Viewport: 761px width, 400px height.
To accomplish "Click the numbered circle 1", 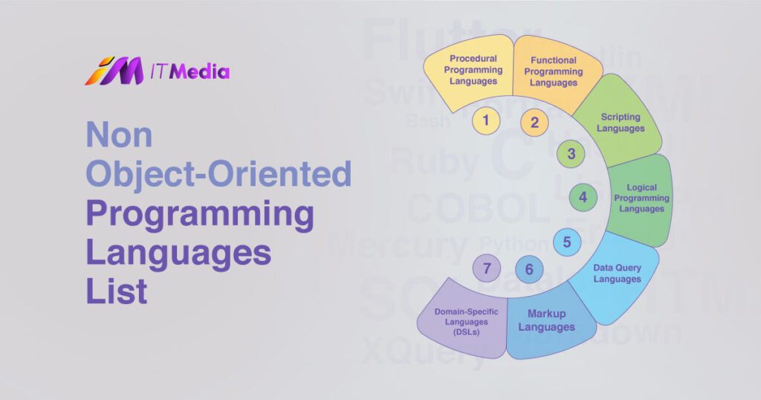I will pyautogui.click(x=485, y=119).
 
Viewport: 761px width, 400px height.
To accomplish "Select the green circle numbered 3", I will pyautogui.click(x=571, y=154).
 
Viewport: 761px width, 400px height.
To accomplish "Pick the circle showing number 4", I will pyautogui.click(x=583, y=198).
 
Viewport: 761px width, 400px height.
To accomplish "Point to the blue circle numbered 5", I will pyautogui.click(x=567, y=242).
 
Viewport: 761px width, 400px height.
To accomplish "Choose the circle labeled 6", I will pyautogui.click(x=529, y=269).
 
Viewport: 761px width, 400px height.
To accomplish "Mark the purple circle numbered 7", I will pyautogui.click(x=487, y=268).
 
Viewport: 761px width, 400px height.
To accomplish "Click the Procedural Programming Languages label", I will pyautogui.click(x=473, y=70).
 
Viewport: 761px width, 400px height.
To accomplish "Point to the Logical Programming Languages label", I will pyautogui.click(x=641, y=199).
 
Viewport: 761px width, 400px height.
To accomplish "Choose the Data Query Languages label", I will pyautogui.click(x=617, y=273).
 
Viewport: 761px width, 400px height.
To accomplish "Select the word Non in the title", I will pyautogui.click(x=119, y=136).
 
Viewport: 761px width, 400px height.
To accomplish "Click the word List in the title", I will pyautogui.click(x=117, y=291).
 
